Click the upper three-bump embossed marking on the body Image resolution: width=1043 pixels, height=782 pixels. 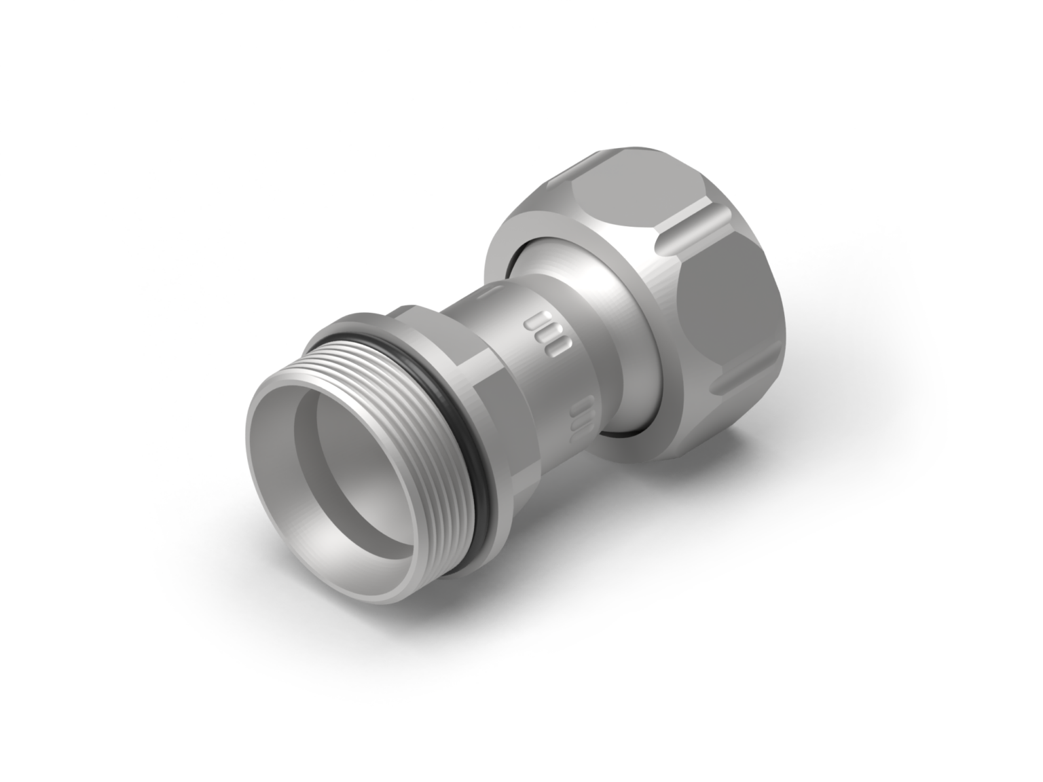pyautogui.click(x=547, y=333)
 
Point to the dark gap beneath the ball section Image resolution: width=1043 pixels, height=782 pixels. pyautogui.click(x=621, y=431)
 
